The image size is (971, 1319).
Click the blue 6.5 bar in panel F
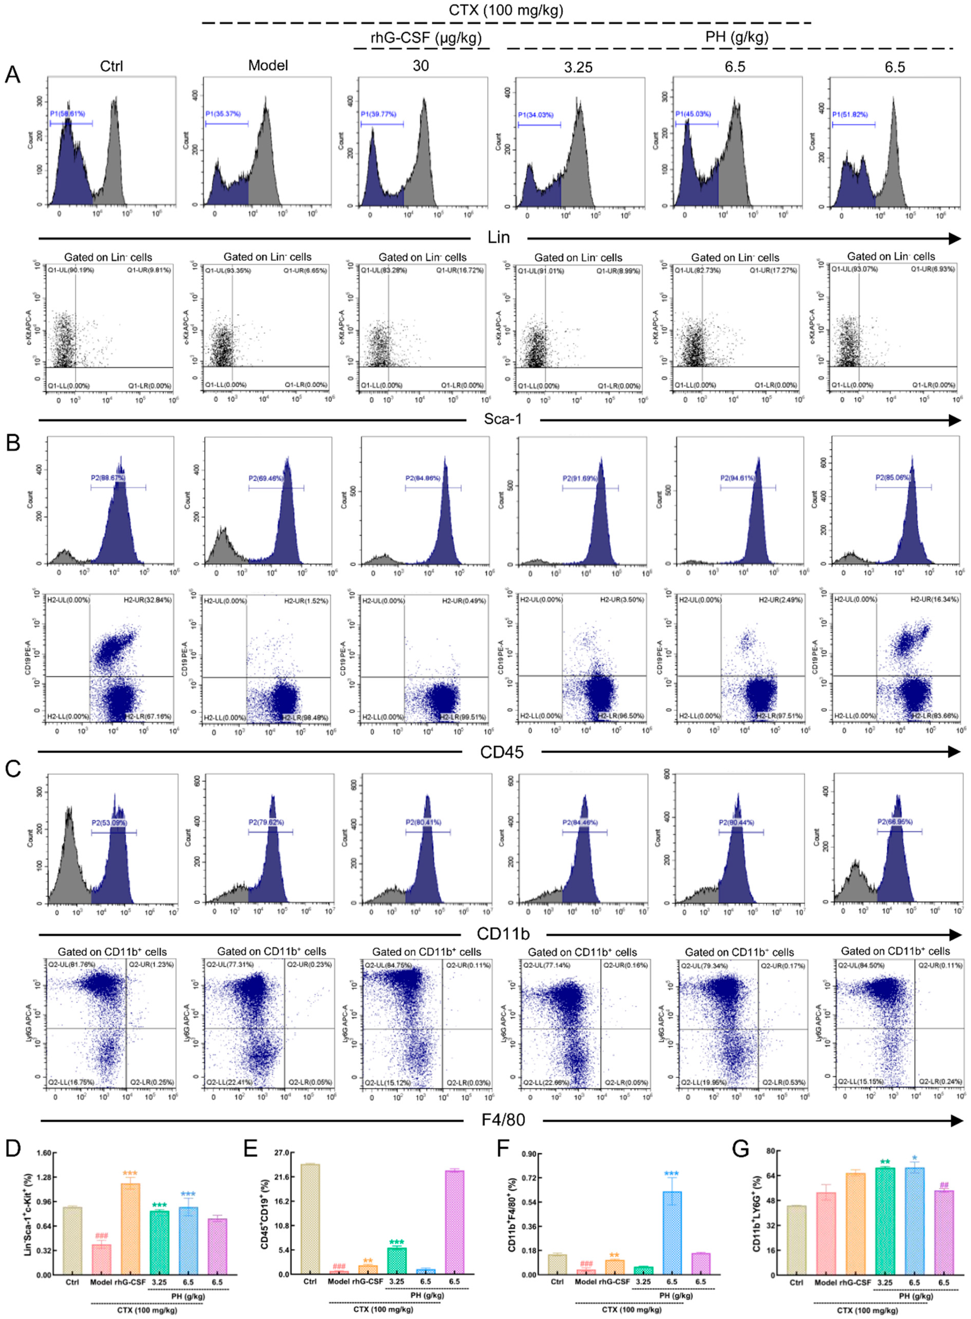click(x=672, y=1233)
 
